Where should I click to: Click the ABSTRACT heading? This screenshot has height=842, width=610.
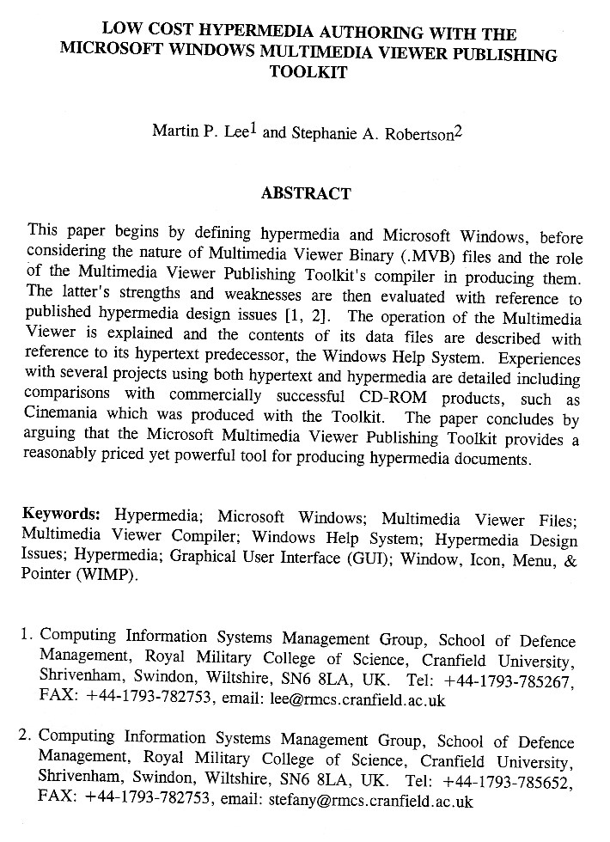coord(306,193)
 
